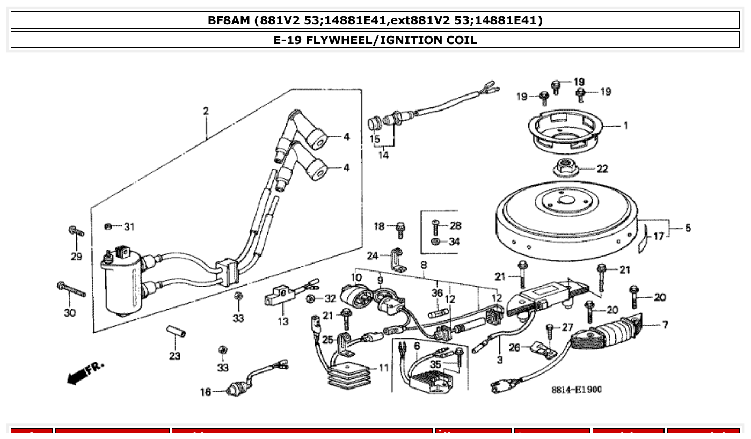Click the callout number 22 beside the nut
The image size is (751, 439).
coord(602,169)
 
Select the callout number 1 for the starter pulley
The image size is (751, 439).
coord(625,126)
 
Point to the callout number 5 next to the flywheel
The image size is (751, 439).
coord(688,228)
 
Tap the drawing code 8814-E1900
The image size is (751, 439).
coord(577,389)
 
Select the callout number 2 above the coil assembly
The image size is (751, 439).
coord(206,111)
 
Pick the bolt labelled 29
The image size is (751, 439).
coord(76,232)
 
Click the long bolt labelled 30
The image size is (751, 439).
coord(71,289)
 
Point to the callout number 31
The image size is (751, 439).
coord(129,226)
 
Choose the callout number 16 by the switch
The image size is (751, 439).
coord(206,392)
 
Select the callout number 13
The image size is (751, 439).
coord(283,321)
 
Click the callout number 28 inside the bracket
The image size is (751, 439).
coord(455,225)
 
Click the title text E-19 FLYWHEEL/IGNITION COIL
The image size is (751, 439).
coord(375,40)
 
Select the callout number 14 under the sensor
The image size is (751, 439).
coord(383,156)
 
